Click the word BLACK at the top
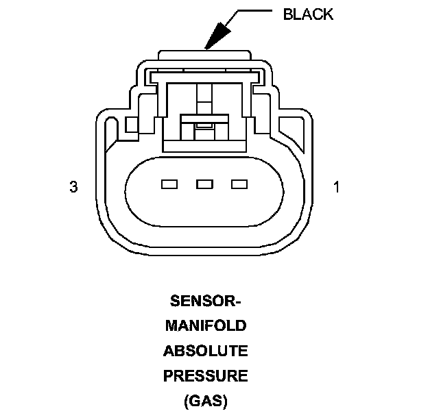click(x=308, y=15)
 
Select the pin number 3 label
click(x=73, y=186)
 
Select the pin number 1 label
click(x=336, y=186)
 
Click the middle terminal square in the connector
click(x=204, y=184)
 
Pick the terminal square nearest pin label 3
click(x=169, y=184)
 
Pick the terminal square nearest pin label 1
click(x=239, y=184)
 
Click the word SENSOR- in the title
click(x=205, y=301)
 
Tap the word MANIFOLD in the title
click(x=205, y=326)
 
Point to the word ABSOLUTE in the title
click(x=205, y=351)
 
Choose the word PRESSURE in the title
click(x=205, y=375)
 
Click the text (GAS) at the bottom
click(x=205, y=400)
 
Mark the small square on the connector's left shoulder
click(x=132, y=124)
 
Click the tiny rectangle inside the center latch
click(x=204, y=126)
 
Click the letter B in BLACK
click(x=288, y=15)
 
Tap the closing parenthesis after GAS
click(x=224, y=400)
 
